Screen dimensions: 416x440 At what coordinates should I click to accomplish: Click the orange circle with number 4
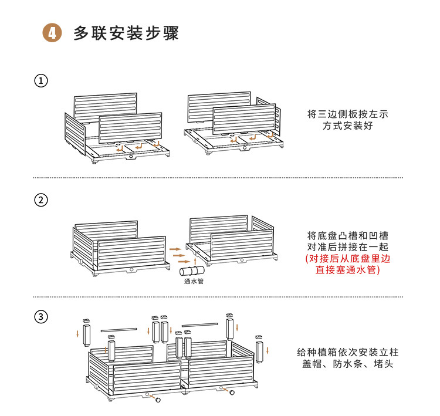tap(52, 33)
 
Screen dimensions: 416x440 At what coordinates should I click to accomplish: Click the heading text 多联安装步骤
tap(126, 33)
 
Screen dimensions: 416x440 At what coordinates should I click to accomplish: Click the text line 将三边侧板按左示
tap(348, 113)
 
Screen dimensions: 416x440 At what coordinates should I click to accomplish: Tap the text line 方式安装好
tap(348, 126)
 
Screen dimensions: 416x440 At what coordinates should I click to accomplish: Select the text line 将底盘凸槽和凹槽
tap(348, 235)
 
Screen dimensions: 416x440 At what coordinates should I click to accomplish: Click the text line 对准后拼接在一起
tap(348, 247)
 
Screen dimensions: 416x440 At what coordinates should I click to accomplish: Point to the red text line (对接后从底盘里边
tap(348, 259)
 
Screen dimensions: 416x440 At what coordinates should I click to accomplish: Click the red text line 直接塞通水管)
tap(348, 270)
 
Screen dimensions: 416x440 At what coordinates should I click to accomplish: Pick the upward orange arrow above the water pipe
tap(195, 259)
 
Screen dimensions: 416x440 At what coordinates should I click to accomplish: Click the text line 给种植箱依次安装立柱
tap(348, 352)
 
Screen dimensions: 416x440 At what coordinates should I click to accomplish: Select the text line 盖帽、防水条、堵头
tap(348, 364)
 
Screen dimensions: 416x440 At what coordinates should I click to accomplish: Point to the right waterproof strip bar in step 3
tap(199, 323)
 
